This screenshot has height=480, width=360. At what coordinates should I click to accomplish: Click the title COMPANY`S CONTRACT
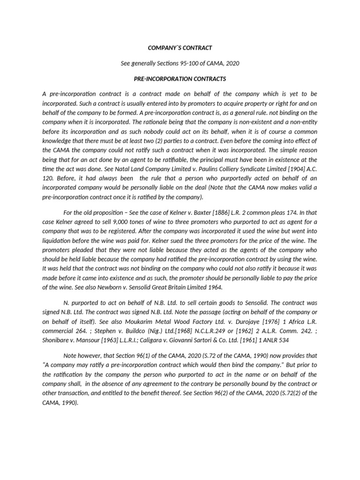(180, 47)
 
